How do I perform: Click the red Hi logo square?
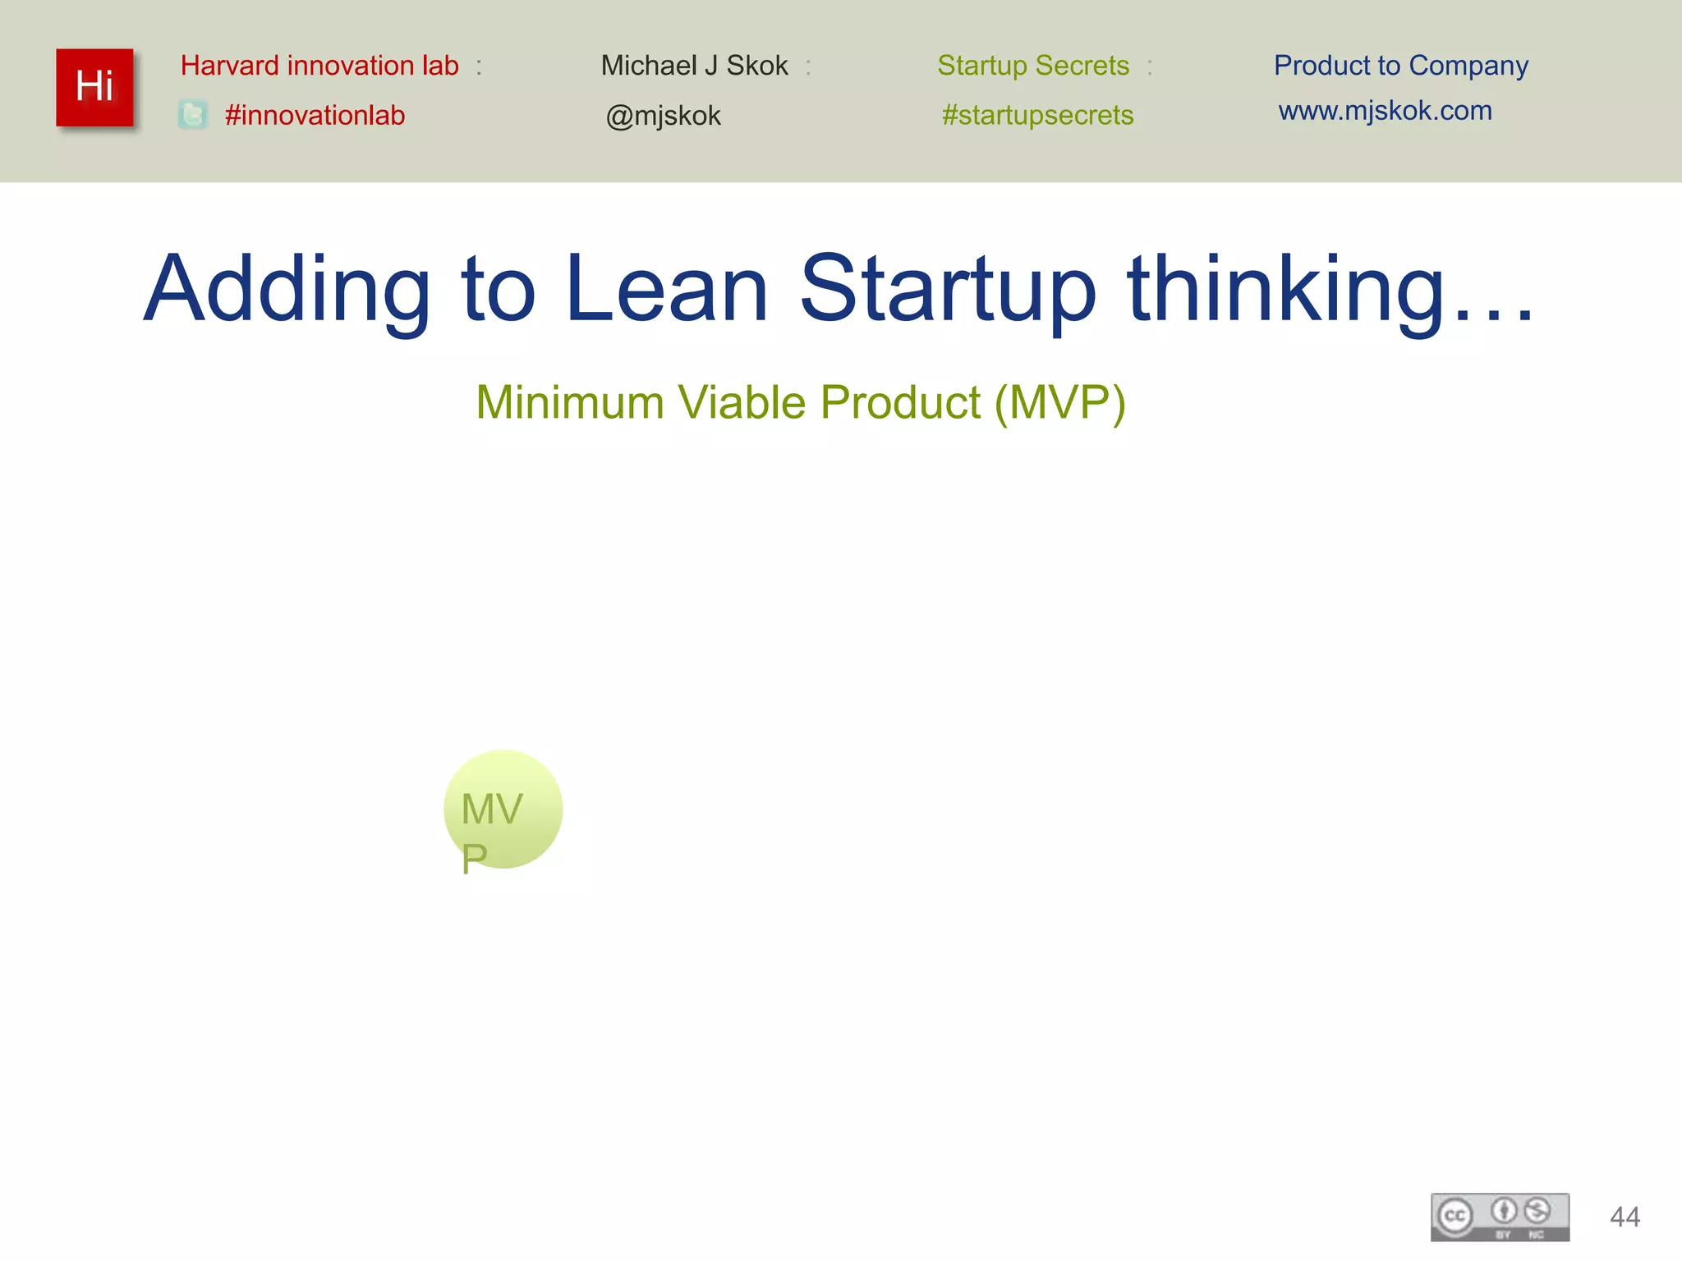[x=94, y=87]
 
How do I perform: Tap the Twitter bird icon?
[x=193, y=115]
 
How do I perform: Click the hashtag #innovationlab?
[x=315, y=116]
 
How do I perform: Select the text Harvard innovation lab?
[x=319, y=66]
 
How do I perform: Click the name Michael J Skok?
[x=694, y=66]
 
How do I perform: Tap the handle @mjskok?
[x=663, y=116]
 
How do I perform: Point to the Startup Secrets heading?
[x=1033, y=66]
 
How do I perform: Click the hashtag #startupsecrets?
[x=1037, y=116]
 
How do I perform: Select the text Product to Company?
[x=1400, y=66]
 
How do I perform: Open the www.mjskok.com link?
[x=1385, y=111]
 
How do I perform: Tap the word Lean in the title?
[x=667, y=289]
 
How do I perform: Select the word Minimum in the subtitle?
[x=570, y=403]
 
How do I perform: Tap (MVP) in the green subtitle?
[x=1059, y=403]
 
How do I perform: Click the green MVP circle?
[x=503, y=809]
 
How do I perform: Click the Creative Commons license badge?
[x=1500, y=1217]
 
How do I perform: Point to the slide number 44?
[x=1625, y=1217]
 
